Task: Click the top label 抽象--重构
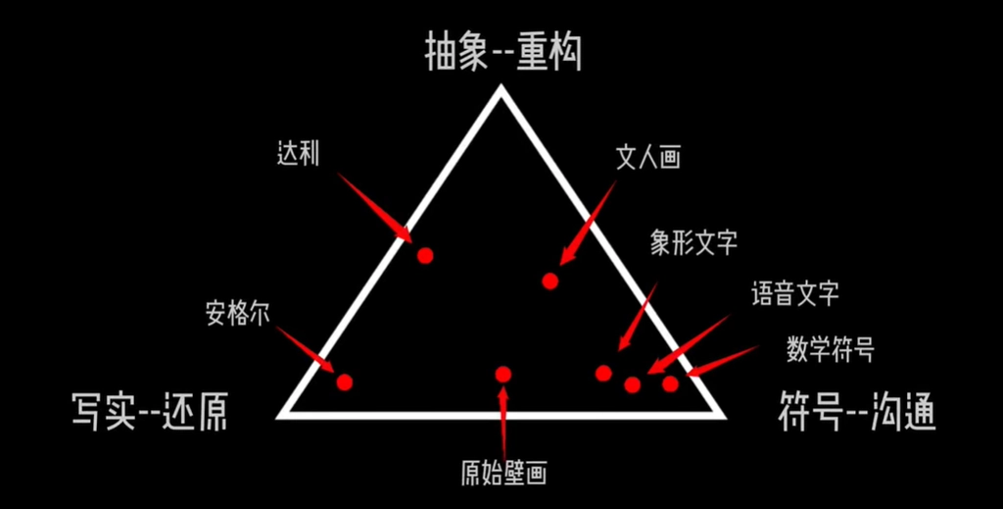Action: click(x=503, y=54)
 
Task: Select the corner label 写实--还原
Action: click(x=149, y=412)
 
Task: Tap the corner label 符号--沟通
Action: click(x=857, y=412)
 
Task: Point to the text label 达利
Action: click(x=298, y=154)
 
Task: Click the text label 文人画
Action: click(x=647, y=156)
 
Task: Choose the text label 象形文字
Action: click(x=694, y=243)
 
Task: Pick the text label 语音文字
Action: click(x=795, y=294)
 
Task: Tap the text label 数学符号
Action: click(x=831, y=349)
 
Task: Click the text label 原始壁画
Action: click(x=504, y=473)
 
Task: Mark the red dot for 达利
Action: click(x=425, y=256)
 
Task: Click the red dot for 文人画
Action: click(x=550, y=280)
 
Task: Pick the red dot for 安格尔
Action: click(x=345, y=382)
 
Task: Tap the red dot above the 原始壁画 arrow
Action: click(x=503, y=374)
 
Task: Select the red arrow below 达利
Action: click(x=375, y=208)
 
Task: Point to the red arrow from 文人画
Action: click(x=588, y=223)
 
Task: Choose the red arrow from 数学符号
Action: click(x=722, y=361)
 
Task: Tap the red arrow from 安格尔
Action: click(x=306, y=349)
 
